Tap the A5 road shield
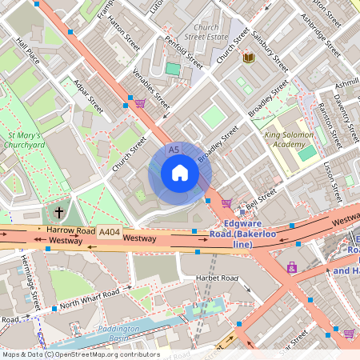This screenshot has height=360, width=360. [x=174, y=150]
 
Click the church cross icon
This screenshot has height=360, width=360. [x=59, y=213]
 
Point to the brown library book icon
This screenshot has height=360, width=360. [x=248, y=58]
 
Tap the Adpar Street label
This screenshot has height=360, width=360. [x=88, y=94]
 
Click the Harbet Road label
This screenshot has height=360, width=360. [x=217, y=278]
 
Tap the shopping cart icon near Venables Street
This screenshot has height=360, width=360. [x=141, y=102]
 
